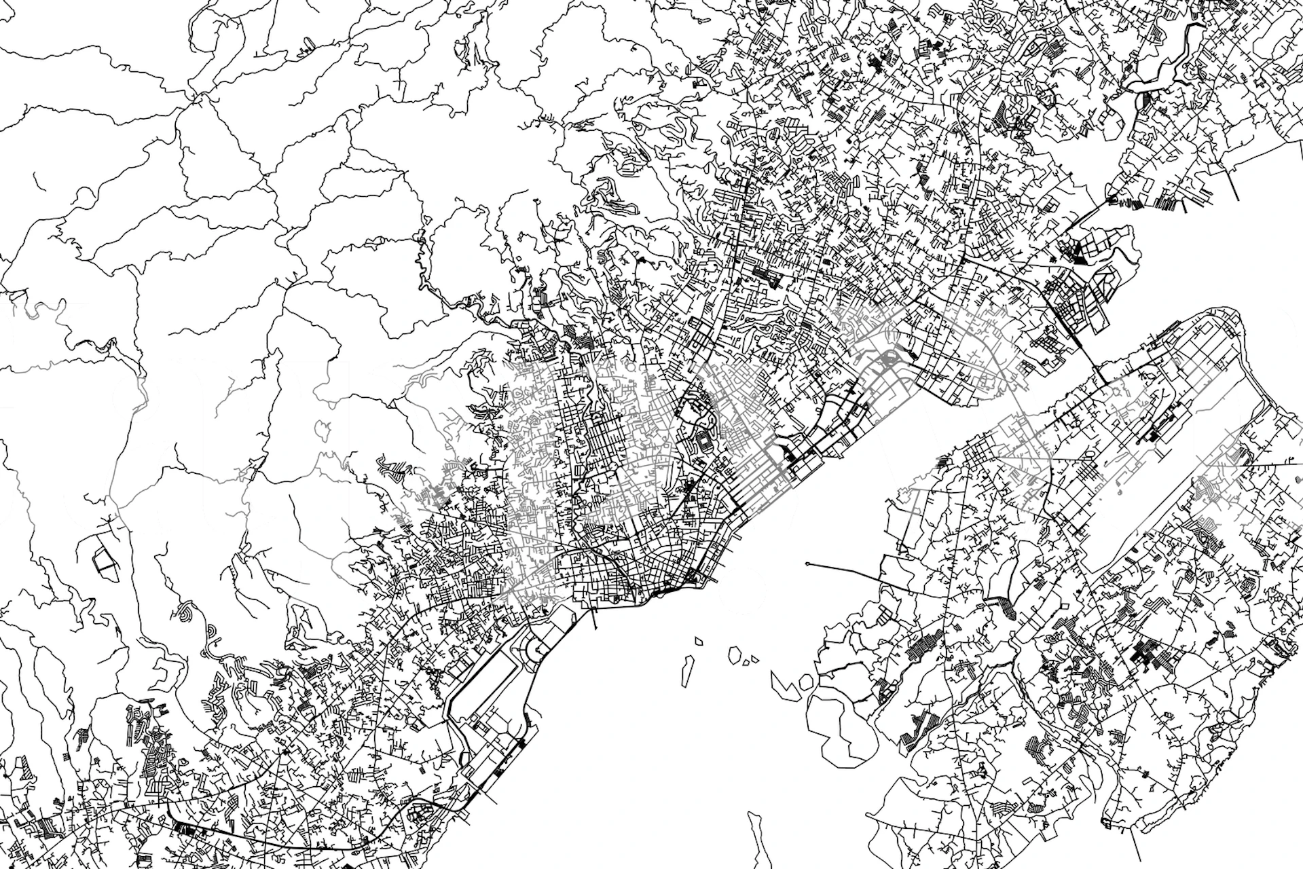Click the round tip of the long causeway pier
pyautogui.click(x=807, y=563)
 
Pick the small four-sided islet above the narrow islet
pyautogui.click(x=699, y=639)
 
